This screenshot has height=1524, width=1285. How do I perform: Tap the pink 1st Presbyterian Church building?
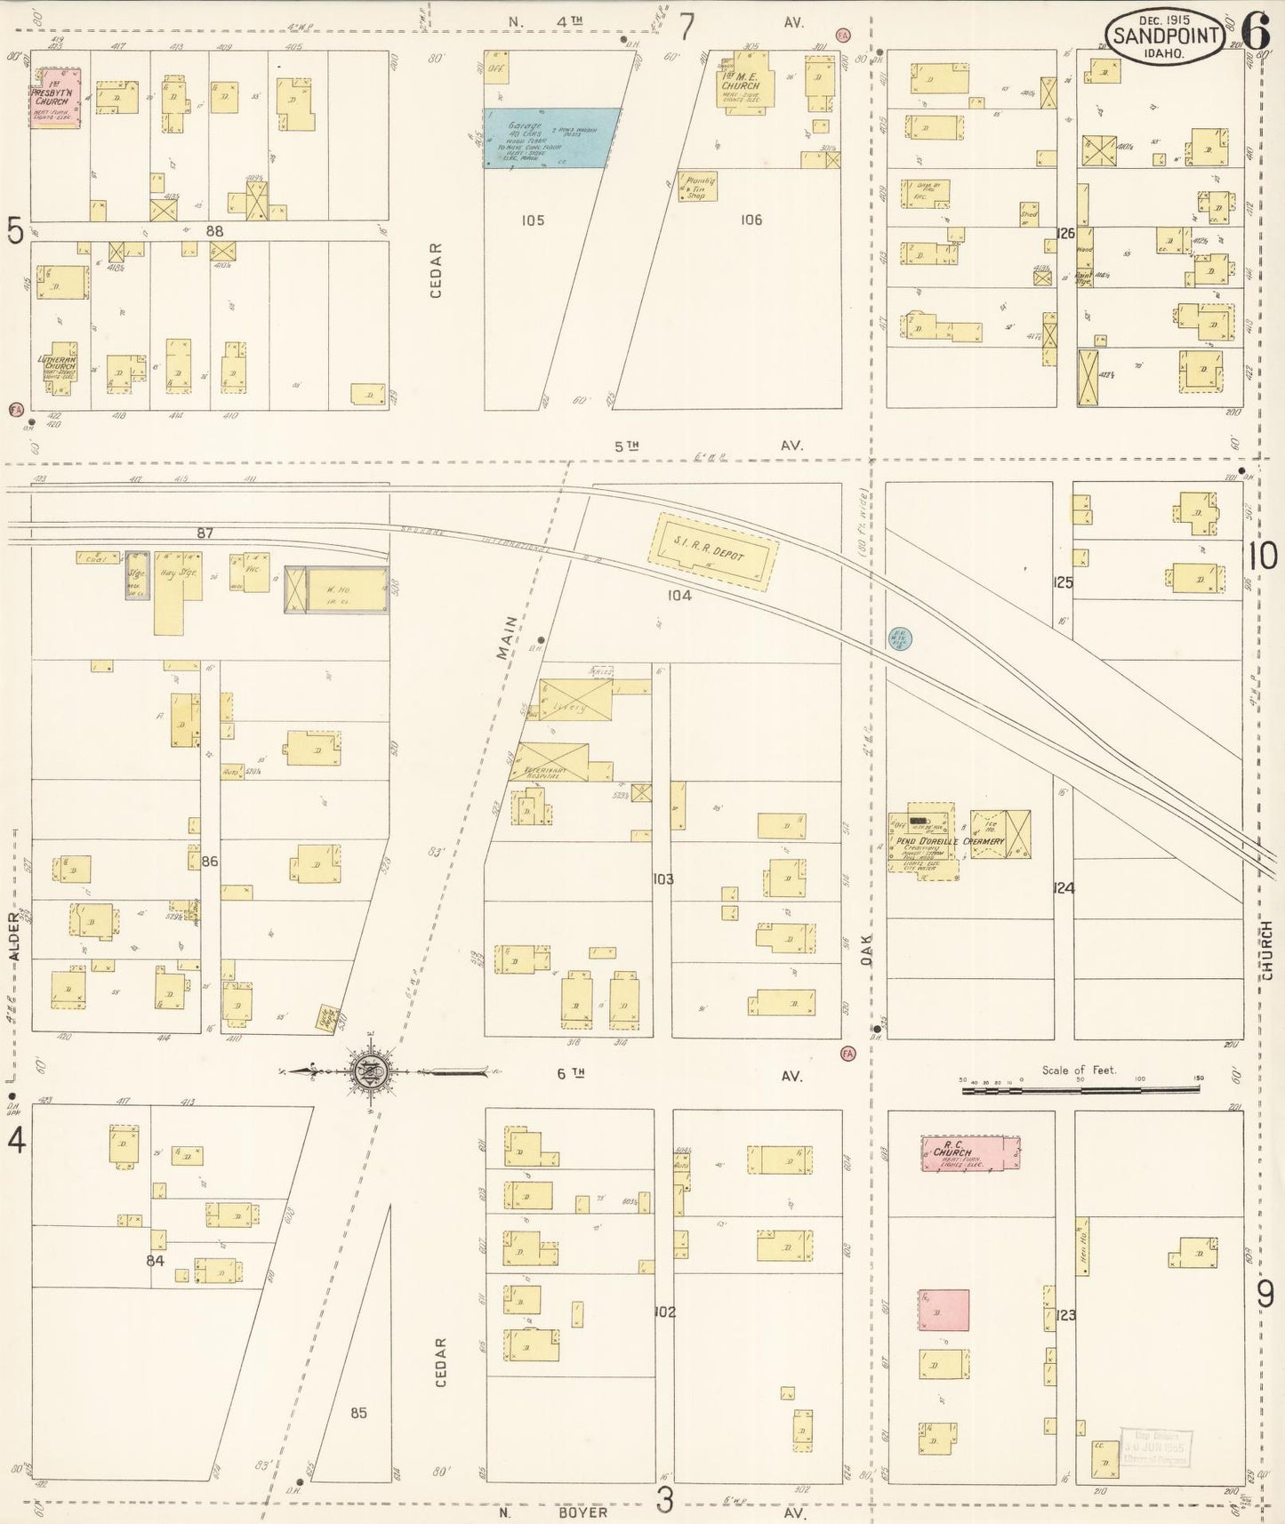point(55,98)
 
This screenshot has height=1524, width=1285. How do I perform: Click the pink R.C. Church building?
point(969,1153)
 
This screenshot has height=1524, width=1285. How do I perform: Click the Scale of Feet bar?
point(1080,1087)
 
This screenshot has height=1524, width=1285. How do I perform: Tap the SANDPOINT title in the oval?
point(1164,36)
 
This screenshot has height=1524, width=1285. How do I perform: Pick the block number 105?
point(533,221)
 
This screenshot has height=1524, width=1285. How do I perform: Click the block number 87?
point(205,533)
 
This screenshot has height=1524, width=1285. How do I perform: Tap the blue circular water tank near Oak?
point(900,638)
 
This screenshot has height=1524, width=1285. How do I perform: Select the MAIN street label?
point(508,637)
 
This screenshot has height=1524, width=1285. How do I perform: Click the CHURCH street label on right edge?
point(1266,950)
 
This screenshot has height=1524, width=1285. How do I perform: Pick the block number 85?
point(358,1412)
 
